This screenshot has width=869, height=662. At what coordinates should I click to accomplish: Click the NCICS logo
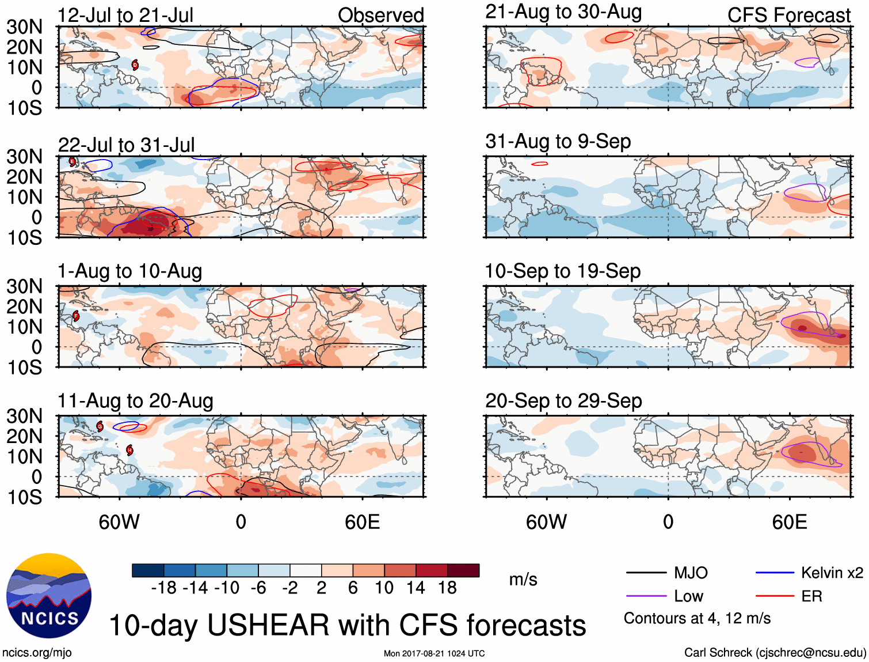(49, 596)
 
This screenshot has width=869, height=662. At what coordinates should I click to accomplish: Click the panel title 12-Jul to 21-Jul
(125, 15)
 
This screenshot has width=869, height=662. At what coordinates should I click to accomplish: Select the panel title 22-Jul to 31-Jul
(127, 145)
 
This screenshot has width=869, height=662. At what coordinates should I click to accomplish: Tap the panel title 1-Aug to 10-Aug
(130, 271)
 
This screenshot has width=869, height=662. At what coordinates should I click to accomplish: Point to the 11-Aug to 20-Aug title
(135, 400)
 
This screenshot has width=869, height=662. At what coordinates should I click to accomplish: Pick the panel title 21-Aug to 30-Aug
(563, 12)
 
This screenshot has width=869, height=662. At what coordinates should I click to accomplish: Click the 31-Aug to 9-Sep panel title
(558, 141)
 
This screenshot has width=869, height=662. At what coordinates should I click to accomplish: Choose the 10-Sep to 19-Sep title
(563, 271)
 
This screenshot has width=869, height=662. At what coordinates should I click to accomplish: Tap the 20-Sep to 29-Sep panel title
(563, 400)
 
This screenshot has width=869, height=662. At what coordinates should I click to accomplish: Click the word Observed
(380, 15)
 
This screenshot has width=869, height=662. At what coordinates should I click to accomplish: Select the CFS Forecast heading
(788, 15)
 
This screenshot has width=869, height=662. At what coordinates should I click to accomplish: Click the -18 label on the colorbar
(163, 588)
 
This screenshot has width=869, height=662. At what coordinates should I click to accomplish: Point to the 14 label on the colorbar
(416, 588)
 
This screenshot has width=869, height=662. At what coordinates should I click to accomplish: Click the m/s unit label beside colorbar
(523, 580)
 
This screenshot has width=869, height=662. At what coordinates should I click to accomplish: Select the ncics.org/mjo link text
(37, 653)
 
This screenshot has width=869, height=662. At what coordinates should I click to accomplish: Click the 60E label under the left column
(362, 522)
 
